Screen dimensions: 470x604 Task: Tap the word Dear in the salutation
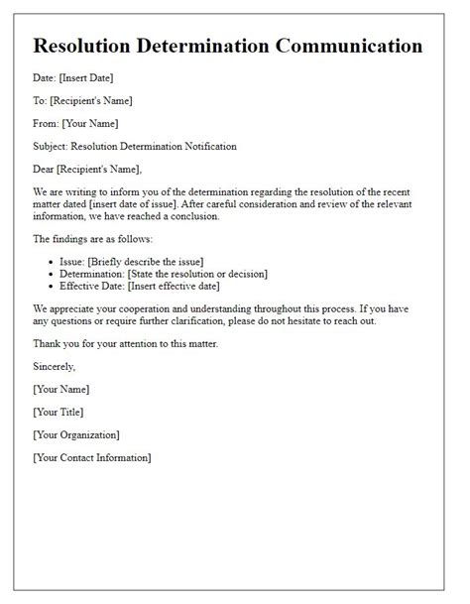click(46, 170)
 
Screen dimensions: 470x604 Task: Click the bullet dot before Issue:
click(52, 261)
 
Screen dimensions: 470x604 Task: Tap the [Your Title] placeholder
click(58, 412)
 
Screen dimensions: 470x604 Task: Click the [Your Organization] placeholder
click(76, 434)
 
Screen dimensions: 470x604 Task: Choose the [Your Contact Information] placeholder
click(92, 457)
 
